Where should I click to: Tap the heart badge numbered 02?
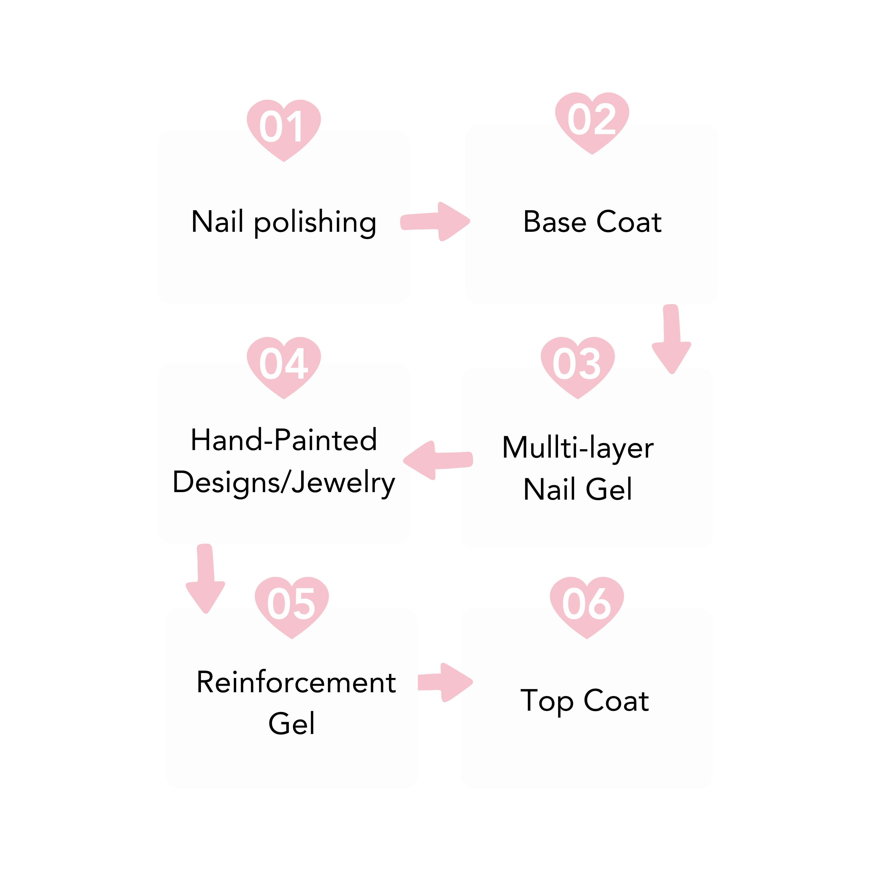click(592, 121)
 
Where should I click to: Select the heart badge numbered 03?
click(577, 365)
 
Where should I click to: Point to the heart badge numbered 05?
click(291, 605)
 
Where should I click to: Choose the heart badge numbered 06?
click(586, 605)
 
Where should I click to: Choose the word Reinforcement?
click(296, 682)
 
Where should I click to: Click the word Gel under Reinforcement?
click(291, 723)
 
